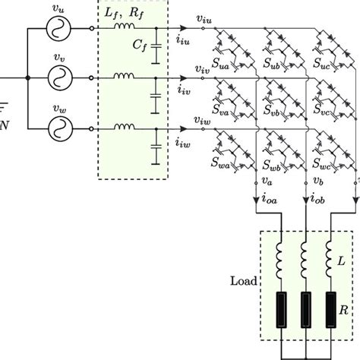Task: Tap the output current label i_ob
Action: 308,201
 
